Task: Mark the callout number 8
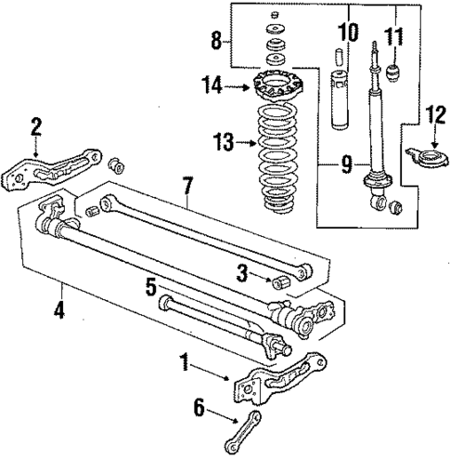(x=215, y=41)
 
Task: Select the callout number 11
(x=395, y=38)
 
